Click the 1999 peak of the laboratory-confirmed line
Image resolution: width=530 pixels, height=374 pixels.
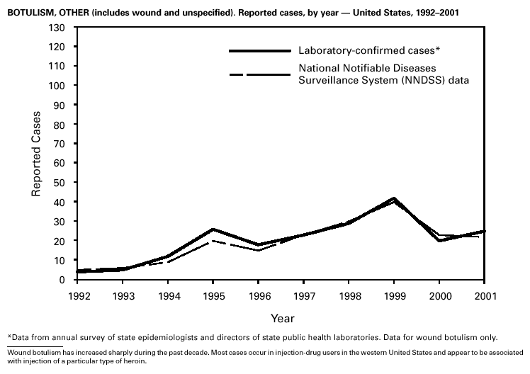pos(394,198)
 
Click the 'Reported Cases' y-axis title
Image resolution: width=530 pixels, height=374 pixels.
pos(35,154)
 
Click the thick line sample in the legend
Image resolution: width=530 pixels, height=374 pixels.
pos(260,51)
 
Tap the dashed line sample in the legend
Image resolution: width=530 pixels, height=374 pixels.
pos(260,74)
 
